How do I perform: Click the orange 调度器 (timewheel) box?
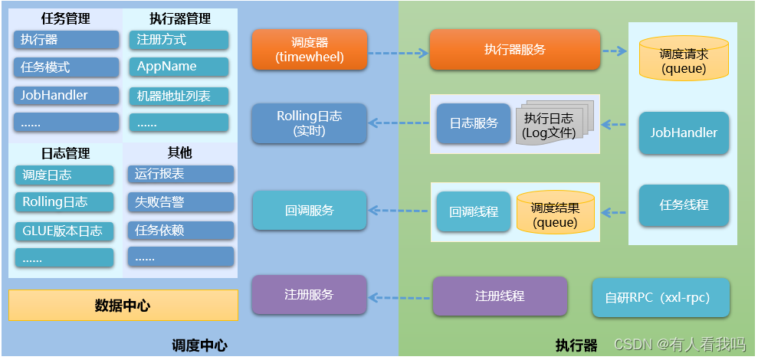309,49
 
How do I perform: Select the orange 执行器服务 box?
514,49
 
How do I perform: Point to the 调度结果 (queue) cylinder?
555,212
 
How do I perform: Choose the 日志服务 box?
473,123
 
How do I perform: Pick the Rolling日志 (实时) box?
309,123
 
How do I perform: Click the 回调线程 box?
473,211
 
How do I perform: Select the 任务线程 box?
684,205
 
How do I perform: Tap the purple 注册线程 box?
500,296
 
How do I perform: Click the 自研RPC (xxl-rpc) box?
661,298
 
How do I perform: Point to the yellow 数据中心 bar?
123,305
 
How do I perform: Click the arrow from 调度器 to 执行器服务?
397,54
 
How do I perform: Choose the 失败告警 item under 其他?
179,202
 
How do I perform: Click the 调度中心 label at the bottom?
199,345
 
